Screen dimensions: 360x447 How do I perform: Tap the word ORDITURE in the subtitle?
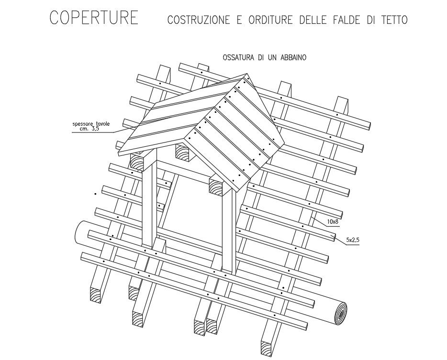click(x=271, y=21)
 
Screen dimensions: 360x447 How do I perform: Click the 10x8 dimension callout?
click(x=334, y=222)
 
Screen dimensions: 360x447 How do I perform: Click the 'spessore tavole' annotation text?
click(x=96, y=124)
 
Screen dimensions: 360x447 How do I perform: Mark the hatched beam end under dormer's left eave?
click(x=137, y=161)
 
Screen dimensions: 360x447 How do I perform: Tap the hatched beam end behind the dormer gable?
click(x=184, y=152)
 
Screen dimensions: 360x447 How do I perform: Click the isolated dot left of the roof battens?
click(x=95, y=194)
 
